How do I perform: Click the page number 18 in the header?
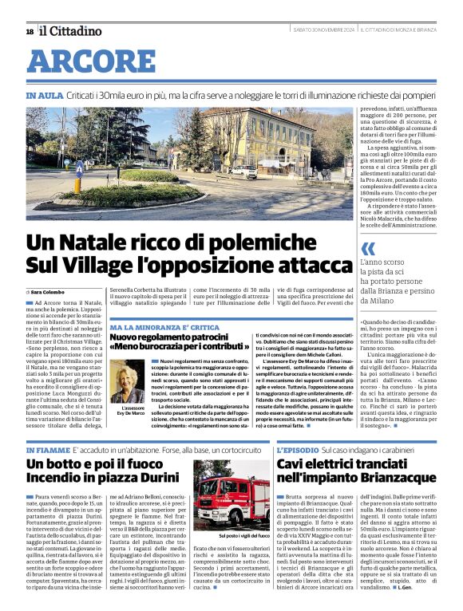point(30,31)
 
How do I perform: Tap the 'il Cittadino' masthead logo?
point(71,31)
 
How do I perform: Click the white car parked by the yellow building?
point(243,171)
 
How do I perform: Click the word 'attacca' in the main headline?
point(298,263)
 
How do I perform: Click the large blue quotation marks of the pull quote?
point(368,248)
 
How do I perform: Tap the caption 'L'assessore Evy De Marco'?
point(127,411)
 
